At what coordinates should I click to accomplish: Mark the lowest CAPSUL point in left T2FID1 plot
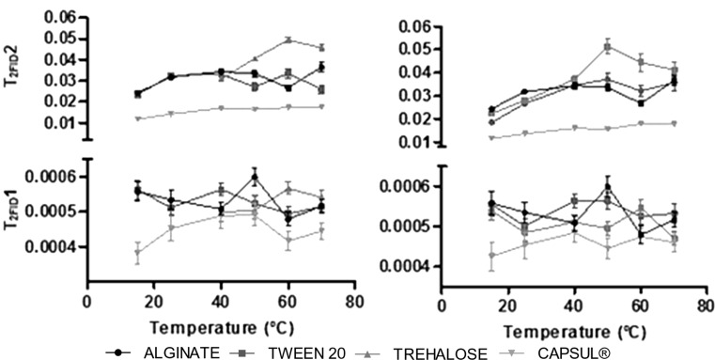[x=138, y=252]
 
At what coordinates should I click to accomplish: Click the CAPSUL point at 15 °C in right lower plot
[x=491, y=256]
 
